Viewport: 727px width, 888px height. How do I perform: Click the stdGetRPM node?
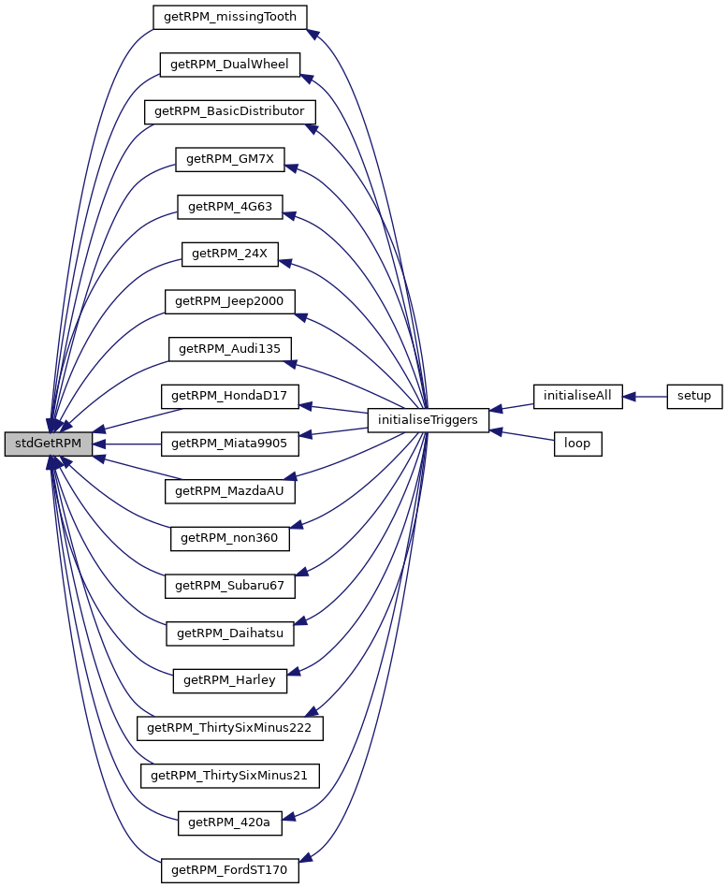49,444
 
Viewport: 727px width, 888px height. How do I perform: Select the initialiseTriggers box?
429,420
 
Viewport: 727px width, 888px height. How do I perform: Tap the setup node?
694,396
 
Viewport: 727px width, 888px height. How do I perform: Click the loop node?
577,444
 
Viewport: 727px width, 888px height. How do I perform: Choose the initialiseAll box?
577,396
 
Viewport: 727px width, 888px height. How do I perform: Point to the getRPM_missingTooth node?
230,16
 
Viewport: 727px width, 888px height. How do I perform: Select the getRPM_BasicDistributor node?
229,111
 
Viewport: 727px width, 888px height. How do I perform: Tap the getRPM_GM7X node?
229,159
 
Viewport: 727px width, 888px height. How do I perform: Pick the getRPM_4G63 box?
229,206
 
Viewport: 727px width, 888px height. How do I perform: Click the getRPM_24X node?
229,254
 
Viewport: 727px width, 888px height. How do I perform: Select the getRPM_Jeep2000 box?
230,301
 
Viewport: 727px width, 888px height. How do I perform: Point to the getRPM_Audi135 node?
230,349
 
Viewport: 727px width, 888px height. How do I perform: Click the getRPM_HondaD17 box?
230,396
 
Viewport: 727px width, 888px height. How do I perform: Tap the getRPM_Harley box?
229,680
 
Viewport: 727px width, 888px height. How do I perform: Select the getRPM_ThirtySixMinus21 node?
230,776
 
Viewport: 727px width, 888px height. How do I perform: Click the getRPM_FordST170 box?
230,871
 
